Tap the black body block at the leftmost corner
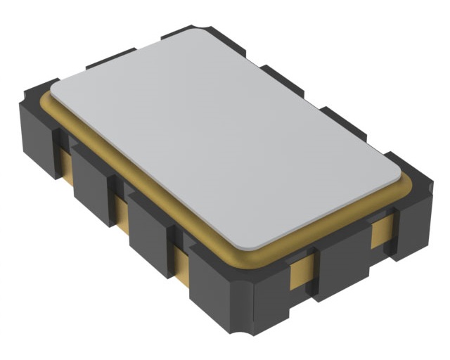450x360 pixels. [35, 134]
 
